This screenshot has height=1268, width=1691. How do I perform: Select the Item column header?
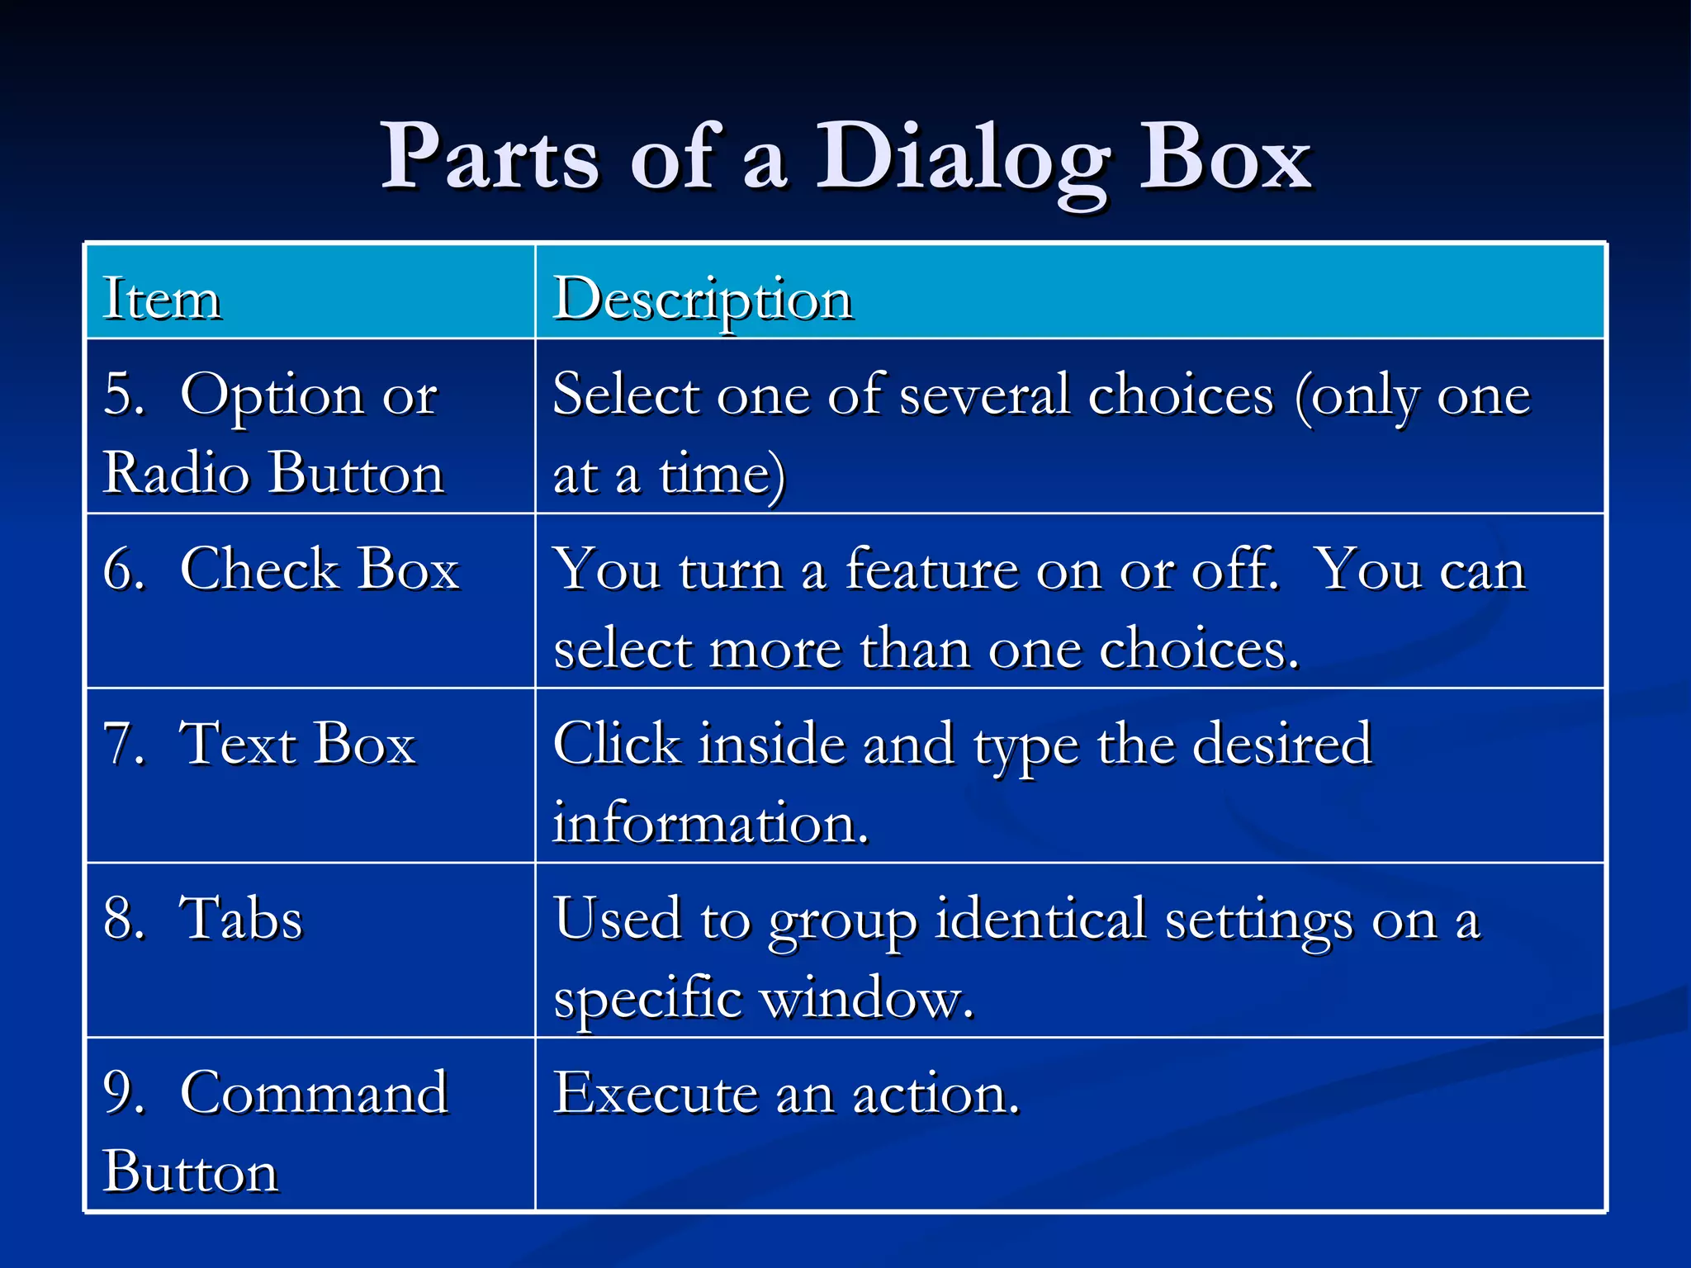point(162,298)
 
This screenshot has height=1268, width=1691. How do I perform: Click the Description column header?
point(702,298)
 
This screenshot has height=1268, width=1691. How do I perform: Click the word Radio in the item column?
point(176,473)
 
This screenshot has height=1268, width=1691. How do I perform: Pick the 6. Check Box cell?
point(281,570)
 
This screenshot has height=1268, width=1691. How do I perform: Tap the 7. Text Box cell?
point(259,744)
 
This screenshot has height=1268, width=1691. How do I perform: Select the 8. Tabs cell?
point(203,919)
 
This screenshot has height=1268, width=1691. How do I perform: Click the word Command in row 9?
point(314,1093)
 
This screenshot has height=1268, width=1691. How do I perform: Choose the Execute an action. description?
point(786,1093)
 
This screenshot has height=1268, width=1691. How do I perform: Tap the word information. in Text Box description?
point(710,823)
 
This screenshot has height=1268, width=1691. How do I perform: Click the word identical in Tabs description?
point(1040,919)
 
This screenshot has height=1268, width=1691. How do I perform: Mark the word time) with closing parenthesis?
point(722,475)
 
